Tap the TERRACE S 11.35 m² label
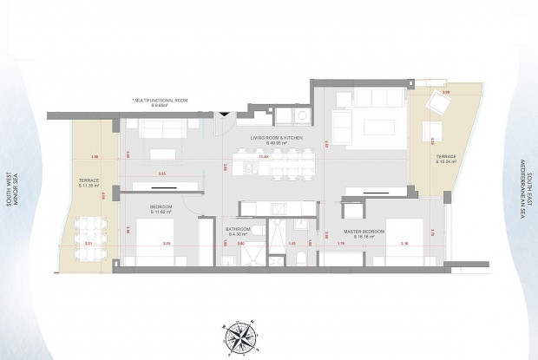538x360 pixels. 90,183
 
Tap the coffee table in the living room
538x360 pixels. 378,127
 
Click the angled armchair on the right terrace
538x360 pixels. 439,103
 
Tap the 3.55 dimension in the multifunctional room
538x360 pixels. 162,174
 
